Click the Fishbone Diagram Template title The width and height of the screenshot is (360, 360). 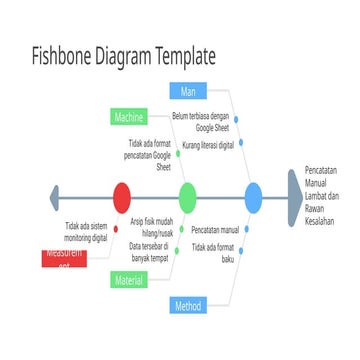point(123,55)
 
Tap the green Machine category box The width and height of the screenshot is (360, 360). point(129,118)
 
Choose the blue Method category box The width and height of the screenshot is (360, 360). point(187,305)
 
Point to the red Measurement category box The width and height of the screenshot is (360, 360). point(65,258)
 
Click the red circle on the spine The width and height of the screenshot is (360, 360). point(121,196)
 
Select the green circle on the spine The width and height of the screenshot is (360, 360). point(187,196)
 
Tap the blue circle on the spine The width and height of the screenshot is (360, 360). point(253,196)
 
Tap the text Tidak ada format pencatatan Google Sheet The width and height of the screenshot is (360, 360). point(150,157)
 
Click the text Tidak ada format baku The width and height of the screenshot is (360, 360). point(213,251)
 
